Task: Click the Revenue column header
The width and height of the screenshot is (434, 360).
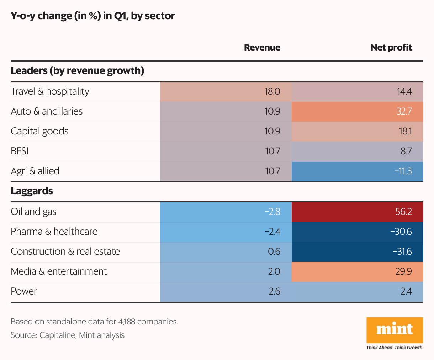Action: [262, 48]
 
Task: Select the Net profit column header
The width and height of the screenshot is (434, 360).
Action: [391, 48]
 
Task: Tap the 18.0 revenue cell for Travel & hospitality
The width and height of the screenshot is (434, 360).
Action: [272, 91]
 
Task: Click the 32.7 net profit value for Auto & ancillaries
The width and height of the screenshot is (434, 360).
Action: [404, 111]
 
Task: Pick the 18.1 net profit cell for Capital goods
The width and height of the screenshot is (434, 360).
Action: [405, 131]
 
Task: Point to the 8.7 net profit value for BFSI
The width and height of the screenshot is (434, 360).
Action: [406, 151]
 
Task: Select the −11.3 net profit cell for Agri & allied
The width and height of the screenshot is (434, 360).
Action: [403, 171]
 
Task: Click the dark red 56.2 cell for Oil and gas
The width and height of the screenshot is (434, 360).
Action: [403, 212]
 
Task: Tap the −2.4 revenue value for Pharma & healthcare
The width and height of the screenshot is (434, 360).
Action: [272, 232]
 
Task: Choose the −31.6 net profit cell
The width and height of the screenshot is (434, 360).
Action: [402, 252]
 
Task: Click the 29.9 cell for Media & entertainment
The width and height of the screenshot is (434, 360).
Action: [403, 271]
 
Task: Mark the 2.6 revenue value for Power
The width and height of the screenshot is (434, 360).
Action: [274, 291]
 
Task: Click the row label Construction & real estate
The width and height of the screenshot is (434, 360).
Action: [65, 252]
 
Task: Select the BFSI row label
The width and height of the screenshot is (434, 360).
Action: [20, 151]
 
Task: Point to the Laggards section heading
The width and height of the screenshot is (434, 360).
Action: [32, 191]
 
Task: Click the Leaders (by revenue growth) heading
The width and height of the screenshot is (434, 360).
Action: [77, 71]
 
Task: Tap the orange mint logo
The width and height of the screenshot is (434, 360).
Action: [395, 330]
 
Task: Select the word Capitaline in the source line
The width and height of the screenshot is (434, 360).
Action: [57, 335]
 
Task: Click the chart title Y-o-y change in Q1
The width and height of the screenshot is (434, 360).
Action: [93, 16]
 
